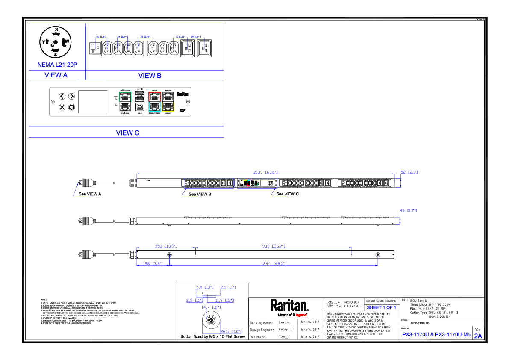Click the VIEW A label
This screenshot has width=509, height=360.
click(x=56, y=75)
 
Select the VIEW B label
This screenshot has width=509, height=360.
click(x=150, y=76)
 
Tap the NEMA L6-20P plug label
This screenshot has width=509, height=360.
click(x=57, y=65)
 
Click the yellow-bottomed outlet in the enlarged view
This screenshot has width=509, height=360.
click(x=168, y=102)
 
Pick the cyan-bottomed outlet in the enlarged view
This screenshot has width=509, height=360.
click(x=155, y=102)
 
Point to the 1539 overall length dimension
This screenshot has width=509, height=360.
click(x=265, y=172)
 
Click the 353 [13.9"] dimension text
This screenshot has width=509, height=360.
click(x=166, y=246)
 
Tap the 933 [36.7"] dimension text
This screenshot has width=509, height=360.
click(x=274, y=246)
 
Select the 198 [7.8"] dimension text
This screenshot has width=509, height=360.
click(x=153, y=264)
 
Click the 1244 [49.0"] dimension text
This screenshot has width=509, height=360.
click(x=274, y=264)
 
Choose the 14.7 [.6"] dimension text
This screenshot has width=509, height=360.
click(x=211, y=307)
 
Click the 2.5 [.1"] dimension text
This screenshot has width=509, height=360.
click(x=194, y=301)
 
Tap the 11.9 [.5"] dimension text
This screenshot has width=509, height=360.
click(x=224, y=301)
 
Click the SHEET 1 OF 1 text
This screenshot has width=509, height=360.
click(x=381, y=308)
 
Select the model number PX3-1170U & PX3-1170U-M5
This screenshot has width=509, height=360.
click(x=436, y=335)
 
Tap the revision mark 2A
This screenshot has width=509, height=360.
click(x=478, y=336)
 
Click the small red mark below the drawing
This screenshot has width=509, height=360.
click(x=301, y=315)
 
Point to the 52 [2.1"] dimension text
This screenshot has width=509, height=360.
click(x=409, y=172)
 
